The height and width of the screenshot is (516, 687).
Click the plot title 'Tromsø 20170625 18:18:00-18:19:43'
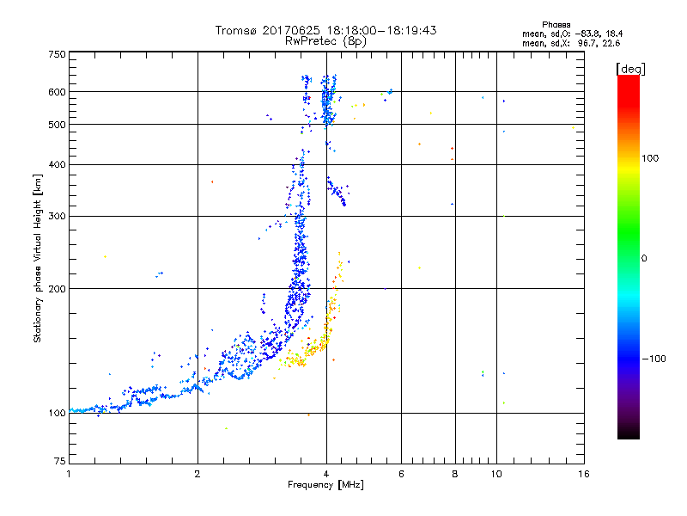coord(325,30)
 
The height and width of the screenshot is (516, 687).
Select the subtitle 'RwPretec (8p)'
coord(325,40)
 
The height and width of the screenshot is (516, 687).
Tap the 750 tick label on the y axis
coord(57,53)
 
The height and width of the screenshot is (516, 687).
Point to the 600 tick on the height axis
coord(57,92)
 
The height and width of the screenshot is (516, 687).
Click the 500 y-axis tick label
coord(57,125)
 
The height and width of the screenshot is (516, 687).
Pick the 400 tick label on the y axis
coord(57,165)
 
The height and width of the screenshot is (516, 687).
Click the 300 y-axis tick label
coord(57,217)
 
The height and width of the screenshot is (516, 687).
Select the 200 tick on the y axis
coord(57,289)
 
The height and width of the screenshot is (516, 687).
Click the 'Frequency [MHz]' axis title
coord(325,486)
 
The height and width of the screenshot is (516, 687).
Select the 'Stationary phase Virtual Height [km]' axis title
coord(38,258)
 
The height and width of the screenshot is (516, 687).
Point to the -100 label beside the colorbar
coord(654,359)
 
